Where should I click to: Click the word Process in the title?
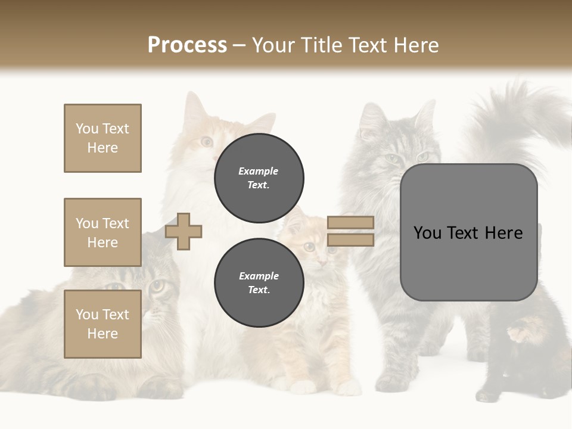(187, 45)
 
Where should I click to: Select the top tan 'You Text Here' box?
(102, 138)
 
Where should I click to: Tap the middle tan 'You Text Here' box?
(102, 232)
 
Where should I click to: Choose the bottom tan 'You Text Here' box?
(102, 324)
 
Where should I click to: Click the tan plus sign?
(184, 231)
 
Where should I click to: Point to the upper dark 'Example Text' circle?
(259, 178)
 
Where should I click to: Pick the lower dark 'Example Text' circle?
(259, 282)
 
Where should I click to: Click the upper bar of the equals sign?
(350, 222)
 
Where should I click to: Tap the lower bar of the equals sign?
(350, 240)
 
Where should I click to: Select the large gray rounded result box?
(468, 232)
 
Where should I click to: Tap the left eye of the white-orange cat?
(206, 142)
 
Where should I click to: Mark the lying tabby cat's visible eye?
(157, 285)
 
